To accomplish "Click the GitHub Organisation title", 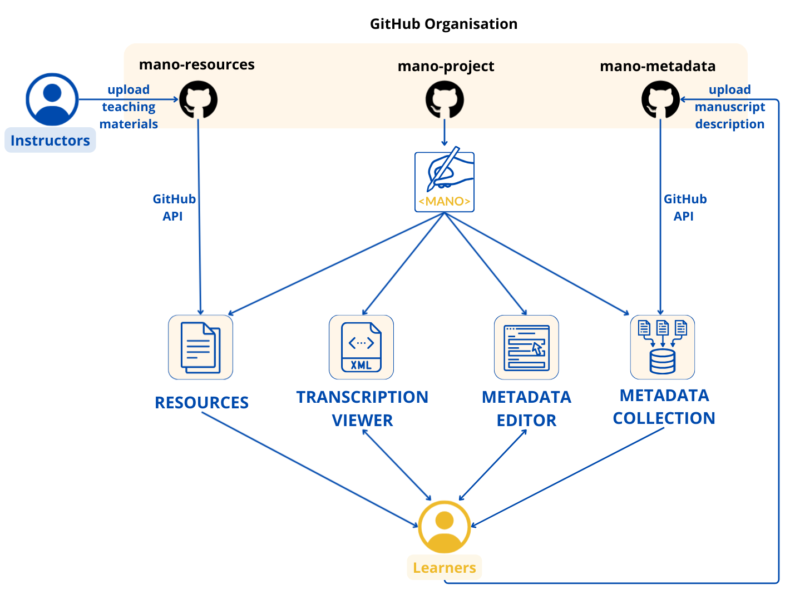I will [443, 24].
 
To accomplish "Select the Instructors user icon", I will [52, 99].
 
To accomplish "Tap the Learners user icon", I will [445, 527].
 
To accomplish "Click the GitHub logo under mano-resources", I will [198, 100].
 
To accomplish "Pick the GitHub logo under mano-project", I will [445, 100].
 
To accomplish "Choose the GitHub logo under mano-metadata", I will [660, 100].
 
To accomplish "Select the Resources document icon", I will [200, 347].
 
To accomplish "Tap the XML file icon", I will [361, 347].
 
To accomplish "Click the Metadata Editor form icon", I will [526, 347].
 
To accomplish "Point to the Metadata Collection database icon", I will [662, 347].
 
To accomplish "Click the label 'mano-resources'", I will [196, 64].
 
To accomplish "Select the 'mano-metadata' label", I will [658, 66].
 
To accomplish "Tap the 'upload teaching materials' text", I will [129, 107].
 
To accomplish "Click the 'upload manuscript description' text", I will [729, 107].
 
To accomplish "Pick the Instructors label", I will [50, 141].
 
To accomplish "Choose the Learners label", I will [444, 568].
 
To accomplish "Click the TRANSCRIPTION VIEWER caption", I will [362, 408].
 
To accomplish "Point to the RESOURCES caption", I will [201, 402].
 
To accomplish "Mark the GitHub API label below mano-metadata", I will [685, 207].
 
